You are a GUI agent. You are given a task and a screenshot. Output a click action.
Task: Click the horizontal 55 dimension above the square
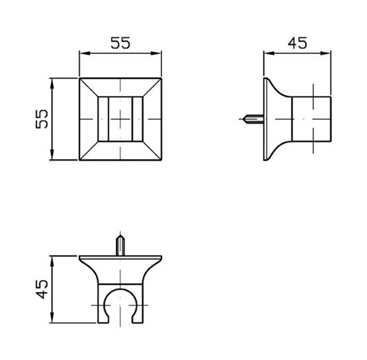pos(121,43)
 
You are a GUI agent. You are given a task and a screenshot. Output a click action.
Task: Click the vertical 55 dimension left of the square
pos(42,119)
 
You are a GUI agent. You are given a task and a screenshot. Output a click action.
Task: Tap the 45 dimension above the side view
pos(298,43)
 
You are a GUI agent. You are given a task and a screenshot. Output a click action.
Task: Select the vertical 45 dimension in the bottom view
pos(42,289)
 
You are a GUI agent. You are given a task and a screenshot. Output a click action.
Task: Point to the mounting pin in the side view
pos(253,119)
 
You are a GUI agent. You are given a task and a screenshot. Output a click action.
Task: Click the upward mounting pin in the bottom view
pos(121,245)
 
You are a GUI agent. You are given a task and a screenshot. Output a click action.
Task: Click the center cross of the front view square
pos(121,119)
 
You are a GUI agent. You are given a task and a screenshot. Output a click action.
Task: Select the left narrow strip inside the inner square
pos(103,119)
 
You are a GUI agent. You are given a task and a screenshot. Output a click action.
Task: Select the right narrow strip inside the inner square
pos(138,119)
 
